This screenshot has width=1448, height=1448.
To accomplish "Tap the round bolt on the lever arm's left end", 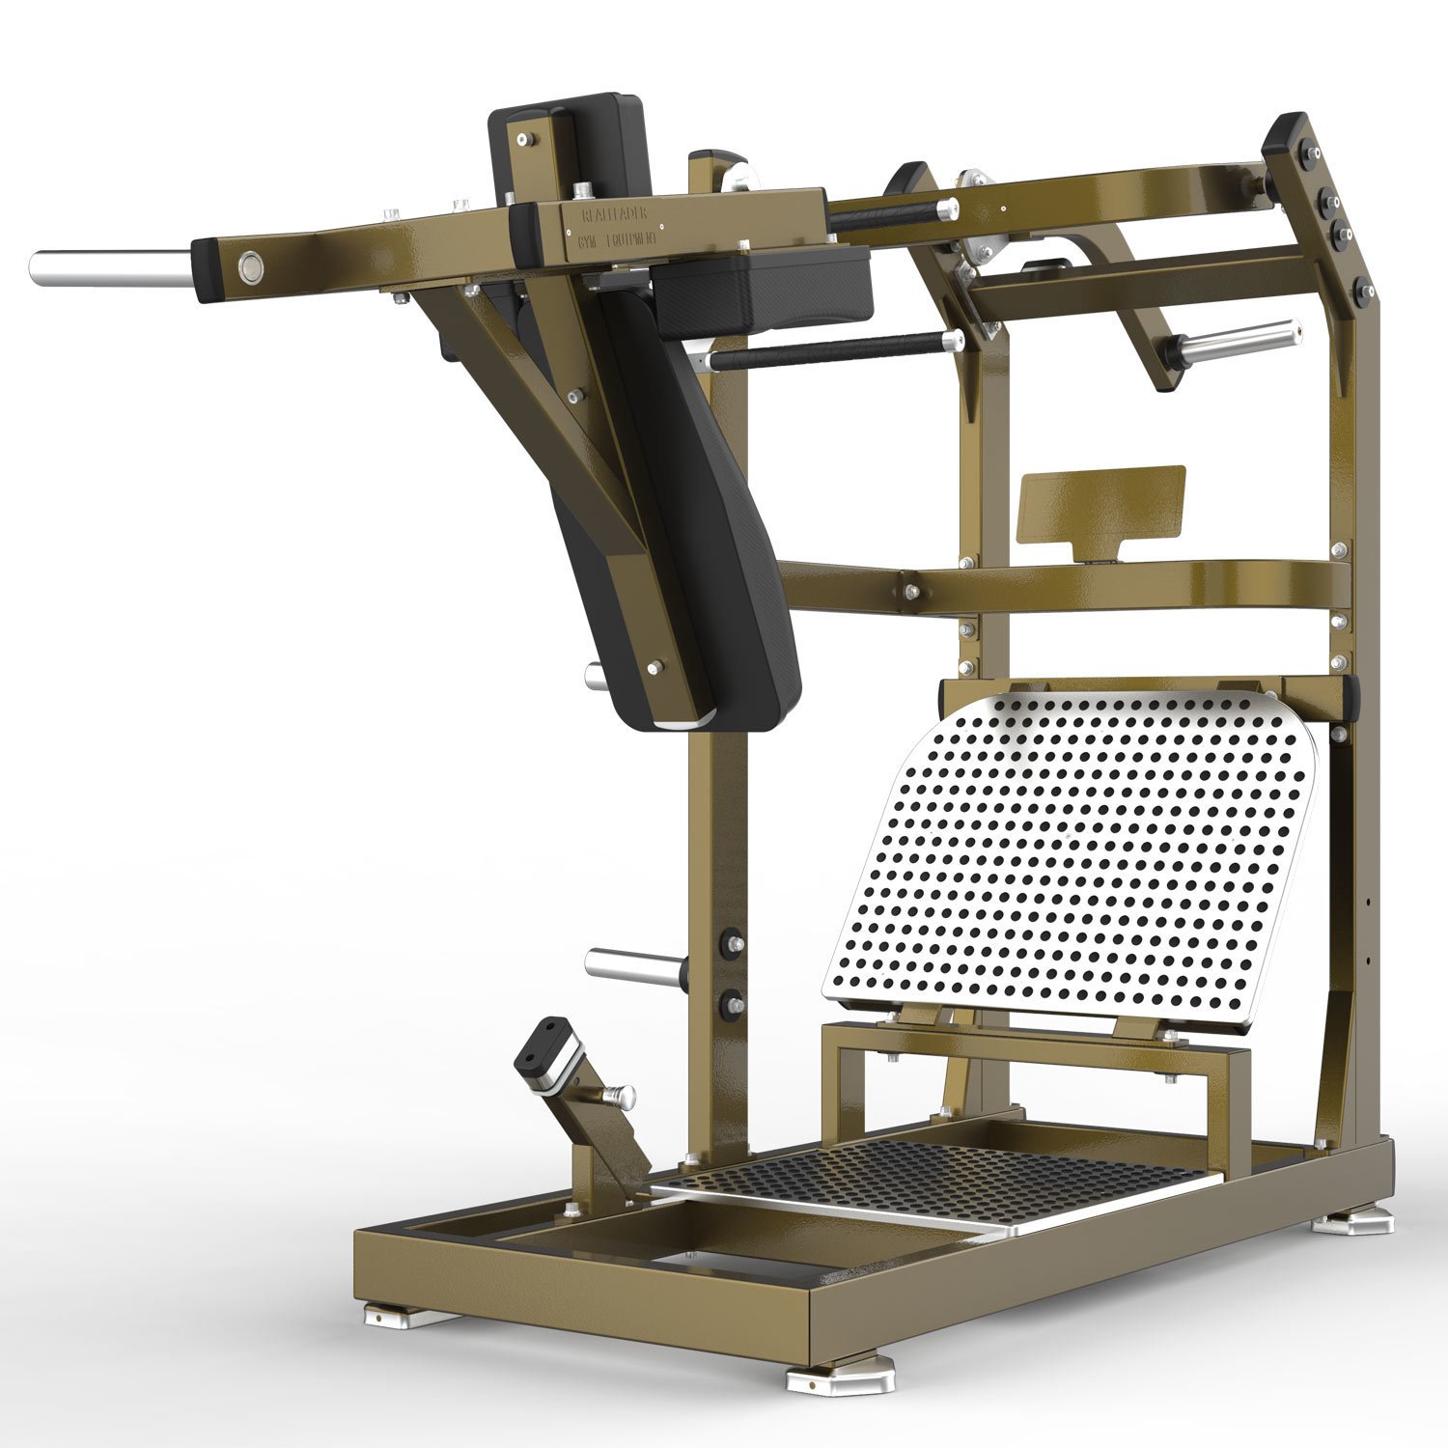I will [x=249, y=264].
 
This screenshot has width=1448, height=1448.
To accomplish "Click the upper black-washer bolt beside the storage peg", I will [x=731, y=943].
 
